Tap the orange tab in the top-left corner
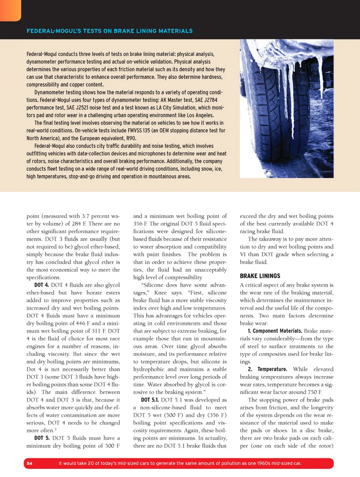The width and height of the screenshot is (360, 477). click(10, 10)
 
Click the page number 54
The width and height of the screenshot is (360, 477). click(30, 463)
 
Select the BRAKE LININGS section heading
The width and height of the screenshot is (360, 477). click(260, 276)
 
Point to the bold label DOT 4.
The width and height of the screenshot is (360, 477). click(42, 285)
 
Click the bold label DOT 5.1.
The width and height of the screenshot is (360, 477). click(150, 400)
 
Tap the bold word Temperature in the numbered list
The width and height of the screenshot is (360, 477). click(272, 369)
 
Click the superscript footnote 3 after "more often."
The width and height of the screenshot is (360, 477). click(55, 429)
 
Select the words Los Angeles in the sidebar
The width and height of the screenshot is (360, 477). click(199, 115)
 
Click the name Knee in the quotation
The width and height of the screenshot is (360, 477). click(160, 293)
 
